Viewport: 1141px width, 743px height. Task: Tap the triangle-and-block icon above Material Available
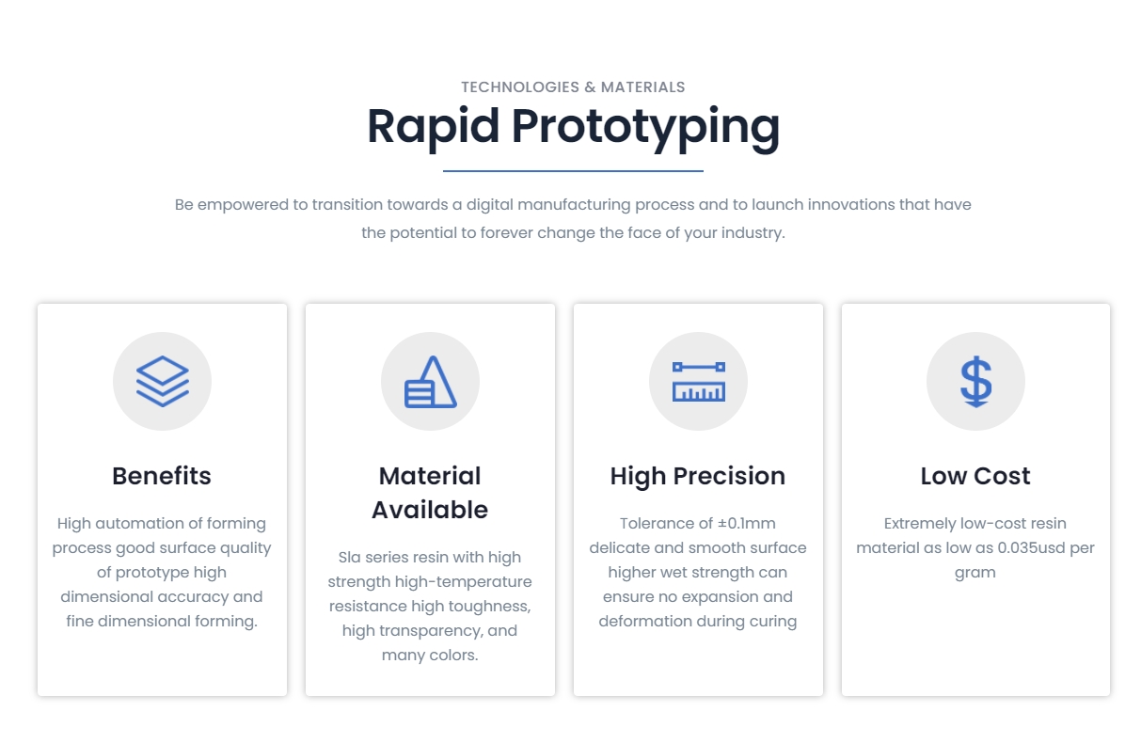[x=431, y=382]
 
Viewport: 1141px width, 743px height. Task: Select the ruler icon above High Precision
[x=698, y=382]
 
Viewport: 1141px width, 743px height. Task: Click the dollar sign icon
[x=975, y=382]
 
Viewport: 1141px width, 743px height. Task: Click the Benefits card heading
[x=162, y=476]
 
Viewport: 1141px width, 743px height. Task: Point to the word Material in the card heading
[x=430, y=476]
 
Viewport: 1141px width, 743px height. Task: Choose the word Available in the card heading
[x=430, y=510]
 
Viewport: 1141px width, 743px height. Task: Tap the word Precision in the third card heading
[x=729, y=476]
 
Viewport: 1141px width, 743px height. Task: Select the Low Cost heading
[x=975, y=476]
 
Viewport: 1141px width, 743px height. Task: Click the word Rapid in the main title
[x=434, y=127]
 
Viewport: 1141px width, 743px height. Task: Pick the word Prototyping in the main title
[x=645, y=127]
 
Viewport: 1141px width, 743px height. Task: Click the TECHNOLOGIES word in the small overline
[x=520, y=87]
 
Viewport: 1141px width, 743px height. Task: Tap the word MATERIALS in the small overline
[x=642, y=87]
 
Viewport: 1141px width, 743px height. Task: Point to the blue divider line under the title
[x=573, y=171]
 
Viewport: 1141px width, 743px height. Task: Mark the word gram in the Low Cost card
[x=975, y=574]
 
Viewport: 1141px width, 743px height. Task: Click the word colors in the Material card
[x=454, y=655]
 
